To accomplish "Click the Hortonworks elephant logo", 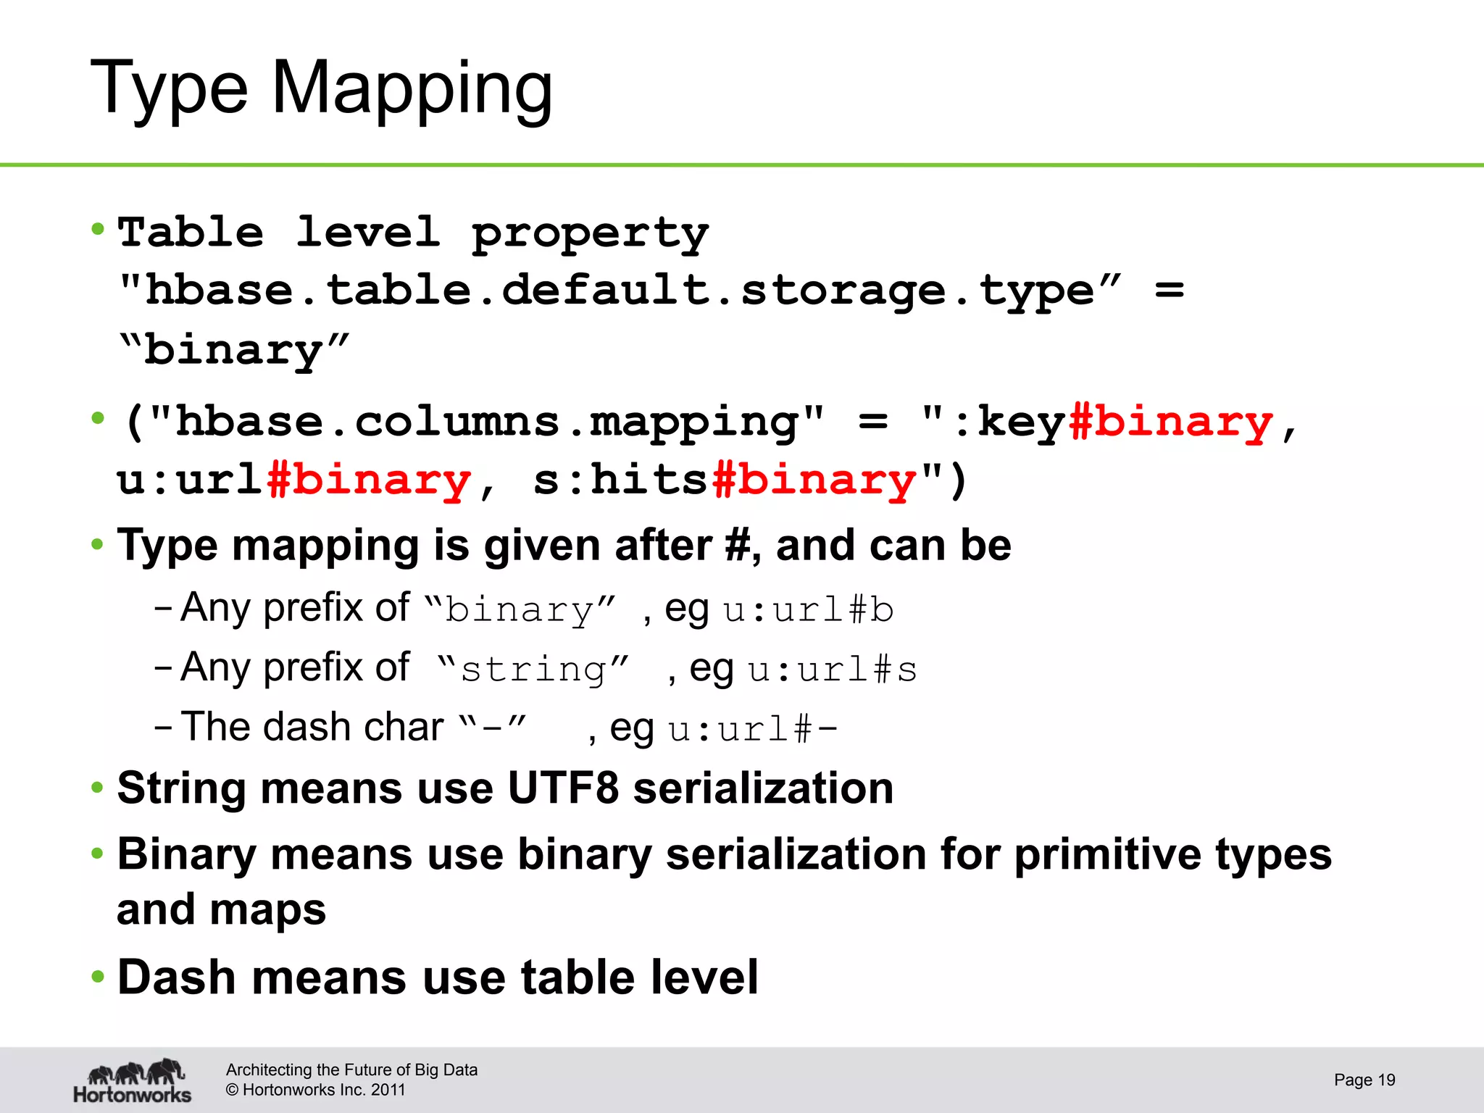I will point(133,1080).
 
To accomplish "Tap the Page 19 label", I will point(1364,1080).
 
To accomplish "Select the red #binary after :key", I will point(1170,422).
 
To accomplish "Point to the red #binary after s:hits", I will point(814,480).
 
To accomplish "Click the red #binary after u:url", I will point(369,480).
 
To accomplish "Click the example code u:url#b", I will point(808,609).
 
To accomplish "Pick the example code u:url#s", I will point(833,669).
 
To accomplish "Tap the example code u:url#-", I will point(753,728).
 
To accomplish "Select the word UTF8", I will point(563,788).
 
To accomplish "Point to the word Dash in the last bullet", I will point(176,977).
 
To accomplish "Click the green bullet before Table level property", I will point(98,230).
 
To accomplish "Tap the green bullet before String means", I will point(98,788).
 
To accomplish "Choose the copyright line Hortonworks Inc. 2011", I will point(316,1090).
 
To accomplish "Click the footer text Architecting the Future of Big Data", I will point(351,1070).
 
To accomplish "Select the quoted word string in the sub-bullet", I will point(533,669).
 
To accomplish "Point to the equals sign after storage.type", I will point(1169,291).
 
